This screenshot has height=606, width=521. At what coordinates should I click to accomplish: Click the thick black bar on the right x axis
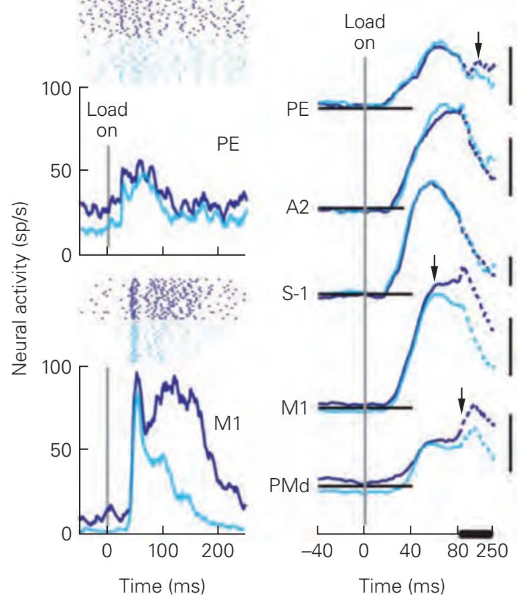(475, 533)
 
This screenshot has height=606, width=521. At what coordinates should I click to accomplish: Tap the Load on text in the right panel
(365, 32)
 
